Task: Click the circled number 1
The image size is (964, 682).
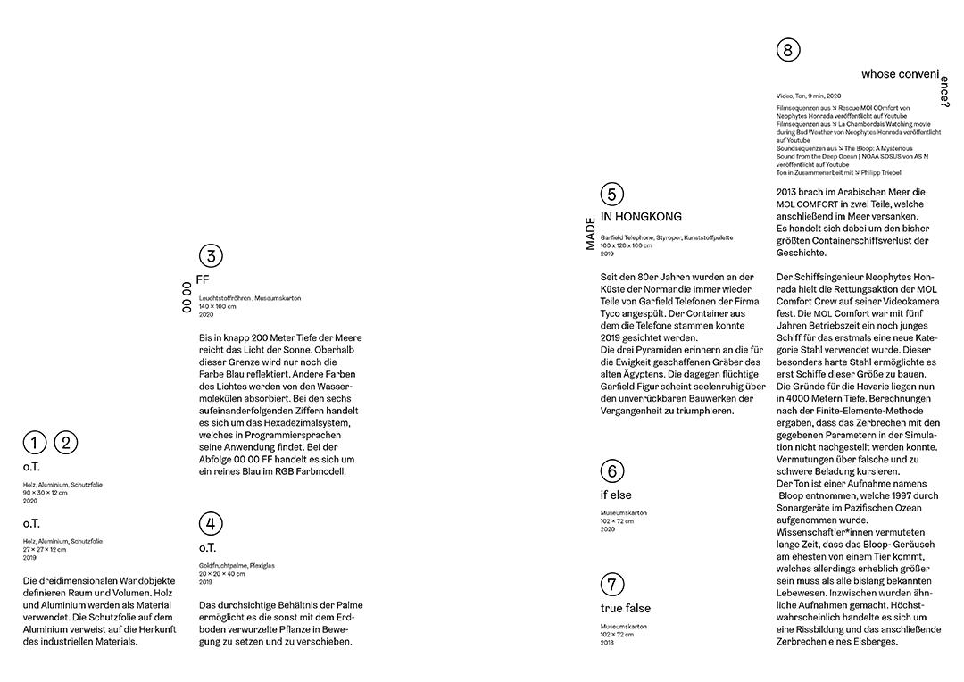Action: pos(34,442)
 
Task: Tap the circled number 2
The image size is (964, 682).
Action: pos(66,442)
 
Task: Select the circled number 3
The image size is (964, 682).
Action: pos(210,257)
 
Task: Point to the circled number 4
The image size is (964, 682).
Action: pos(210,524)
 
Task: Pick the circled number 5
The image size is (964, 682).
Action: pos(611,195)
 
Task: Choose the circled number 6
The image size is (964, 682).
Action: pos(611,471)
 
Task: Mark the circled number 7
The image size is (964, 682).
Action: pos(611,586)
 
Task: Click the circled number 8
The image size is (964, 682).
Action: pos(787,50)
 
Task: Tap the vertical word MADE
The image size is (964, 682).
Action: pos(590,231)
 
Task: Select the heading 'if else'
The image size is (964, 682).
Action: pos(615,495)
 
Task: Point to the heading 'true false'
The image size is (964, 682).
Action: pos(625,609)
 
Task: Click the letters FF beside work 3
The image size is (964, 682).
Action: pos(203,279)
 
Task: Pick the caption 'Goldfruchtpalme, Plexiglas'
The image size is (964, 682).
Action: pos(230,565)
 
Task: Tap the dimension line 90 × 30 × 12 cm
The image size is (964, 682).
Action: pos(46,493)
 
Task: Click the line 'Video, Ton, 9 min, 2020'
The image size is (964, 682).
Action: pos(809,95)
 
